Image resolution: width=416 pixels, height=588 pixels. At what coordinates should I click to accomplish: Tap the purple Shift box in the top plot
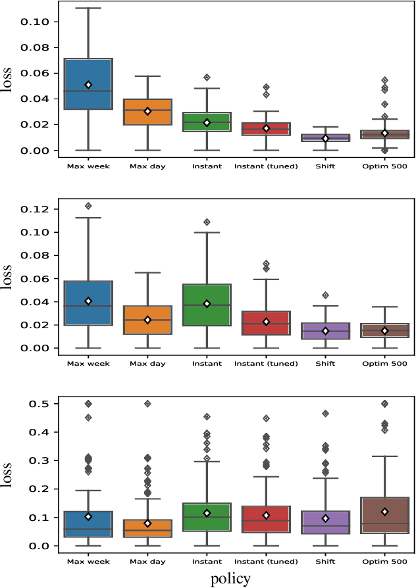tap(325, 137)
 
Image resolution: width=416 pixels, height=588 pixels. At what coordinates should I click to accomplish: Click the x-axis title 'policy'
tap(230, 579)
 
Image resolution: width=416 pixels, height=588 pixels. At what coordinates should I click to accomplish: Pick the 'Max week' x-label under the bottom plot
tap(88, 562)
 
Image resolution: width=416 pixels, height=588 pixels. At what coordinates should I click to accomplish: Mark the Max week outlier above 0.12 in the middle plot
tap(88, 206)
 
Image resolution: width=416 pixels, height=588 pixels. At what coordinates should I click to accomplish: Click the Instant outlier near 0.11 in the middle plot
tap(207, 222)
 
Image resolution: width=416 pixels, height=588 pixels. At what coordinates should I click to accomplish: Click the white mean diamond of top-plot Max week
tap(88, 85)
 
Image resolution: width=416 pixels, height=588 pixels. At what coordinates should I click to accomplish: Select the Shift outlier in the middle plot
tap(325, 295)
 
